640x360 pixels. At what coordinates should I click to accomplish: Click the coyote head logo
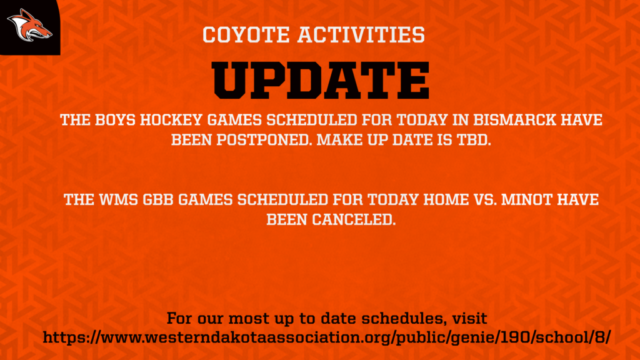point(29,26)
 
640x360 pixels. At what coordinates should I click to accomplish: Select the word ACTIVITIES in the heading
point(361,35)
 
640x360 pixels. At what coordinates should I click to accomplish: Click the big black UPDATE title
point(321,81)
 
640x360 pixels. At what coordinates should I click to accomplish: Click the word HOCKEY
point(171,120)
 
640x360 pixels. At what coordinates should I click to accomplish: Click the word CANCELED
point(354,219)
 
